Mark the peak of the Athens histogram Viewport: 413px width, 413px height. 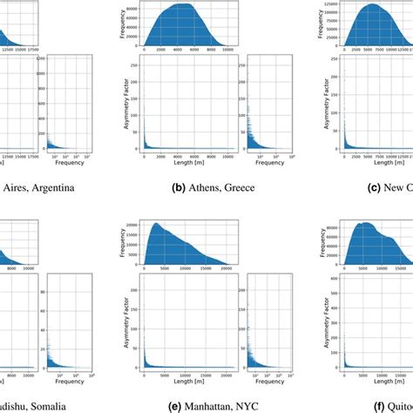[183, 4]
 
